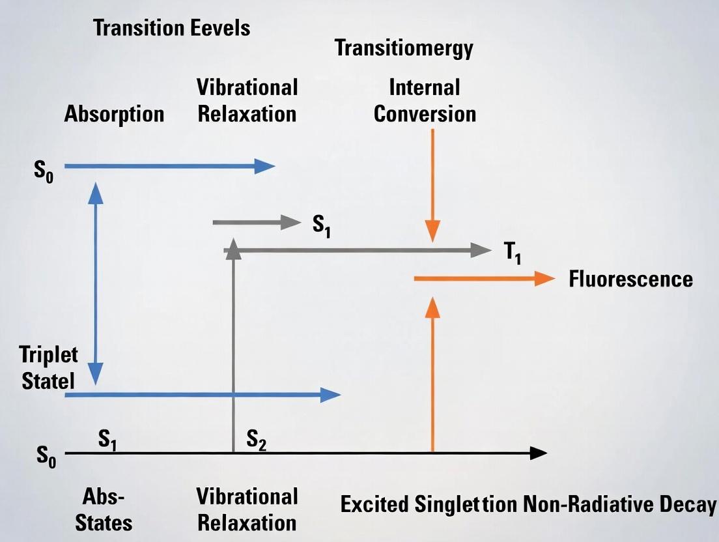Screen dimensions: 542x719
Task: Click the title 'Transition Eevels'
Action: point(171,28)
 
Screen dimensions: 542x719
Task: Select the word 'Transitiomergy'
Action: point(404,48)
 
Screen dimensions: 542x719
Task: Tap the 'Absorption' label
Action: point(114,114)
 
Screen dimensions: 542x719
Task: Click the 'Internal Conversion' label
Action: point(425,100)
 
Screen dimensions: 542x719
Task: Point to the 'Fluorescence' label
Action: point(630,279)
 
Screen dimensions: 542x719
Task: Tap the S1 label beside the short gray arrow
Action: point(321,225)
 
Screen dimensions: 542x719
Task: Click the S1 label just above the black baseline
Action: point(108,440)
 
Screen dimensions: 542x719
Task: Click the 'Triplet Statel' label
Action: point(48,368)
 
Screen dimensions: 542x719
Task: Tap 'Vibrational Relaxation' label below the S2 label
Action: point(247,510)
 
